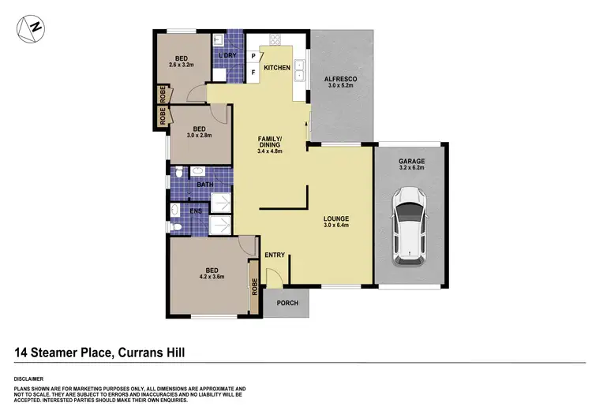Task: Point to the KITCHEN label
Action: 277,68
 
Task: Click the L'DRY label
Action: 227,54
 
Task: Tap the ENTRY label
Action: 275,255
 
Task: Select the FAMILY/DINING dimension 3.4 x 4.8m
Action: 270,151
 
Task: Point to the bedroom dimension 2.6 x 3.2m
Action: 181,65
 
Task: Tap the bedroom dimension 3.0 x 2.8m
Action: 199,136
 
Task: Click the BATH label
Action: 205,185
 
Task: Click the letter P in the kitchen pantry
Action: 253,56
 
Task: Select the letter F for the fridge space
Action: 253,73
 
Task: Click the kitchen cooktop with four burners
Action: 276,39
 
